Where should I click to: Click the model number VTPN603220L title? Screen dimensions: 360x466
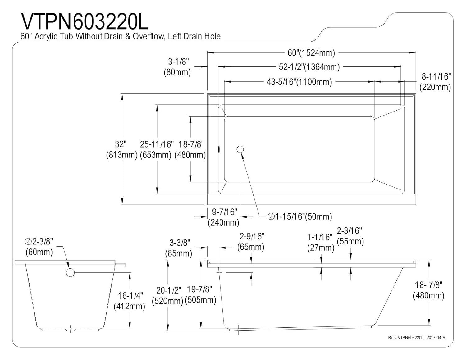(x=84, y=21)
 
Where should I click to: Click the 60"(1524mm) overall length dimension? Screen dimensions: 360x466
(x=311, y=53)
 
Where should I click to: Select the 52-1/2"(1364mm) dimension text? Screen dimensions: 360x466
(x=309, y=67)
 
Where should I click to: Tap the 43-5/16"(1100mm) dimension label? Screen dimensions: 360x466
(x=299, y=82)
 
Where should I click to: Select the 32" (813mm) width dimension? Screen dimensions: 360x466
(x=121, y=149)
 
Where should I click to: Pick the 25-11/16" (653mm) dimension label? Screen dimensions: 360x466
(x=156, y=149)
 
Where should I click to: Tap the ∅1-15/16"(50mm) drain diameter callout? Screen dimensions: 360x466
(x=299, y=216)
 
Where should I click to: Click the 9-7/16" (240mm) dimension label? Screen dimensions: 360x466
(x=223, y=217)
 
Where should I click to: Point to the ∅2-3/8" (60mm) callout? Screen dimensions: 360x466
(x=39, y=246)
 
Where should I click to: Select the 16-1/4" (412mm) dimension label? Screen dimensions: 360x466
(x=129, y=301)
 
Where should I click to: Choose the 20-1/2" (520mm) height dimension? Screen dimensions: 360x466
(x=168, y=295)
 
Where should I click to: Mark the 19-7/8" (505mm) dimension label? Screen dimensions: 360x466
(x=200, y=294)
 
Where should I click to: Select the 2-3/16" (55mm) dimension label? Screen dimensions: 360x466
(x=350, y=236)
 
